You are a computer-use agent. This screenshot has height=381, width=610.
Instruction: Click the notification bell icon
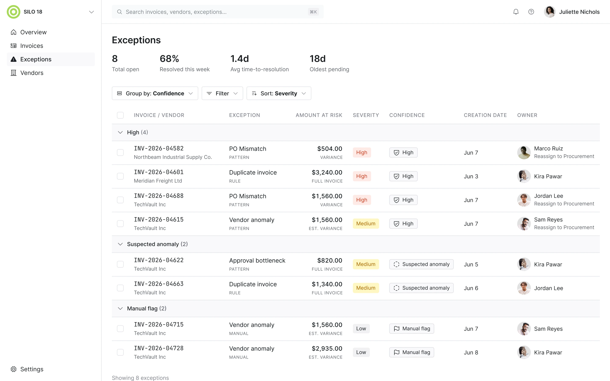point(516,12)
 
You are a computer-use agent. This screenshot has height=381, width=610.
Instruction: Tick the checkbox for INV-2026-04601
point(120,176)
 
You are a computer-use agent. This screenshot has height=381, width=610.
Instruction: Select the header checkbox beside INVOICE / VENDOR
point(120,115)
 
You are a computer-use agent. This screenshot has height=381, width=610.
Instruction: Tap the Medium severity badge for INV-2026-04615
point(366,224)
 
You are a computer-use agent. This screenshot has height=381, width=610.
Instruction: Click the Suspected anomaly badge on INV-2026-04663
point(421,288)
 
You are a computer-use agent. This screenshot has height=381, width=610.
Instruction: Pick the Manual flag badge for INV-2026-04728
point(412,352)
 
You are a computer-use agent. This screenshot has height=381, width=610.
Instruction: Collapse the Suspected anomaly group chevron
point(120,244)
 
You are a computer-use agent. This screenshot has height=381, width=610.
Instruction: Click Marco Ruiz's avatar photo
point(524,152)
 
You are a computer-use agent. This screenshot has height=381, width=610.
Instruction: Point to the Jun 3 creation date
point(471,176)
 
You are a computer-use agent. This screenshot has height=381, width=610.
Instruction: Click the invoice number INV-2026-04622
point(159,260)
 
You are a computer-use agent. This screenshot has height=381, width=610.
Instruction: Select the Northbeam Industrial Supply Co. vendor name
point(173,157)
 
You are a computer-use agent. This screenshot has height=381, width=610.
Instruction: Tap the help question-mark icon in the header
point(531,12)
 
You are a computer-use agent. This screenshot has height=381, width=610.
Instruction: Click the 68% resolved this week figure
point(169,59)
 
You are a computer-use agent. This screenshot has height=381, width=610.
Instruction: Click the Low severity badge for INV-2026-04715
point(361,329)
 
